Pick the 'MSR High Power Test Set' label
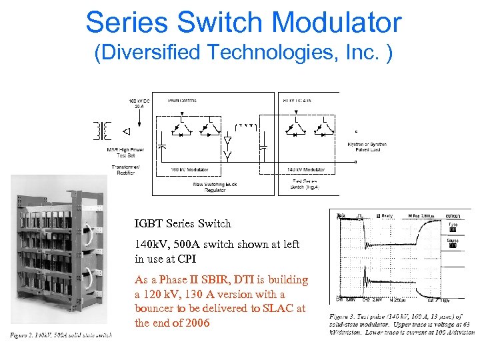125,152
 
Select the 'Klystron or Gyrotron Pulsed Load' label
367,147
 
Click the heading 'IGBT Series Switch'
183,224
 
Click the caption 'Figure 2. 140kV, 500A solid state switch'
61,335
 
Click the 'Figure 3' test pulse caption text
400,324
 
